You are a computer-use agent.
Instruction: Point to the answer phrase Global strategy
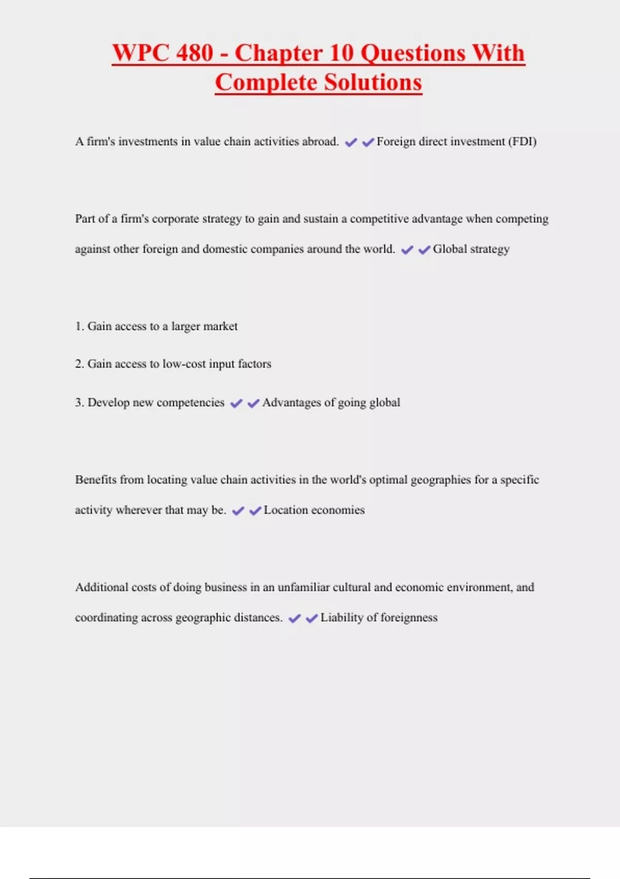tap(471, 249)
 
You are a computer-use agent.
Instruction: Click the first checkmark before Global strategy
tap(407, 250)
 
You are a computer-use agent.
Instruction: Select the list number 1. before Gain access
tap(79, 326)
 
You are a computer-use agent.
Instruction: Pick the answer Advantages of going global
tap(331, 403)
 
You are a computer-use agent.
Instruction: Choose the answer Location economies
tap(314, 510)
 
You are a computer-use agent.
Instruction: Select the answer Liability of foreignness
tap(379, 618)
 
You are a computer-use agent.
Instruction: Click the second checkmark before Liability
tap(312, 619)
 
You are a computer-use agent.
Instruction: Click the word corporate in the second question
tap(175, 219)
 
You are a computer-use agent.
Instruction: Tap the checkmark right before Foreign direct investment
tap(368, 143)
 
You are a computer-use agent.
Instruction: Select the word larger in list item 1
tap(185, 327)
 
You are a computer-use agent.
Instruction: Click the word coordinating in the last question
tap(106, 618)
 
